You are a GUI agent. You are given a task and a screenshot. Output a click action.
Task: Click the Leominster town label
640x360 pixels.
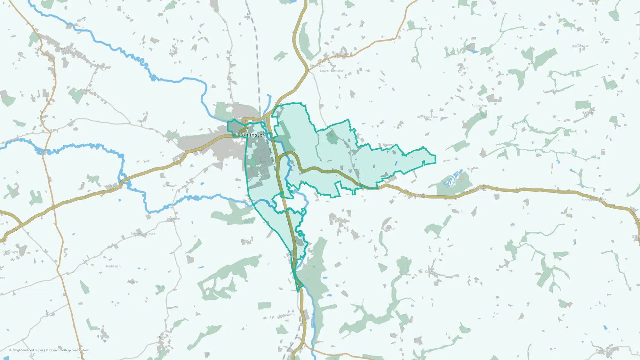[251, 135]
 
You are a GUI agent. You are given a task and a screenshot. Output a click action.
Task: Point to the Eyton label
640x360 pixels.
[174, 51]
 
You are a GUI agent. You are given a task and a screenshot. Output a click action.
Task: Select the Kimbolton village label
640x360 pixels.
[341, 54]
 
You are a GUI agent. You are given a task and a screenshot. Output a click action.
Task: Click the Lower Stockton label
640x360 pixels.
[332, 71]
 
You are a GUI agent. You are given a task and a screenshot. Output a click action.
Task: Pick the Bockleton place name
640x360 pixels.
[580, 46]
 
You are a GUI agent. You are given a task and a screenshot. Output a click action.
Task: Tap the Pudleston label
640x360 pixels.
[479, 105]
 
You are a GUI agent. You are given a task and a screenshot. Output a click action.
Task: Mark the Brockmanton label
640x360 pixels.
[427, 117]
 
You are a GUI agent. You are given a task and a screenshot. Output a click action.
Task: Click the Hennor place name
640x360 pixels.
[389, 145]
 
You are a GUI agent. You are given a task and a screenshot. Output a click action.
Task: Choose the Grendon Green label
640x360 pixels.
[594, 200]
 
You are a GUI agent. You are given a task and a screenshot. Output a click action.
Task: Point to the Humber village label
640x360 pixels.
[389, 229]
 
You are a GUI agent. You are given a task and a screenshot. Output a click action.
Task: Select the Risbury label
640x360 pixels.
[430, 272]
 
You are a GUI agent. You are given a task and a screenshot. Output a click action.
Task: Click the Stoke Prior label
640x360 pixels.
[338, 219]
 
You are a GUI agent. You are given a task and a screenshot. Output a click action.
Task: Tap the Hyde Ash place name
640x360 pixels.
[113, 266]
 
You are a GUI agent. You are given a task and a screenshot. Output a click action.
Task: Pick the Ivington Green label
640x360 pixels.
[143, 234]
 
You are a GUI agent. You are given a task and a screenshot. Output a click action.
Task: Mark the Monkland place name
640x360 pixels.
[112, 186]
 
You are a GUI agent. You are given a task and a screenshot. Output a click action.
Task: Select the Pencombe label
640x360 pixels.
[604, 350]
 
